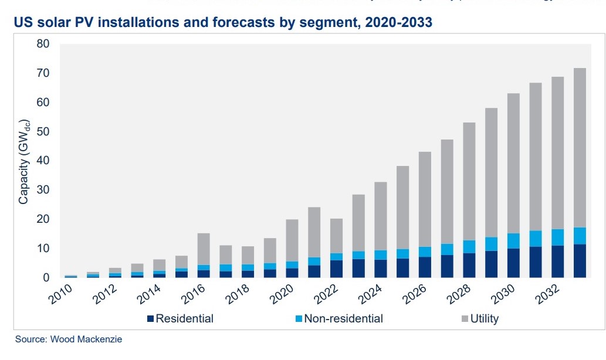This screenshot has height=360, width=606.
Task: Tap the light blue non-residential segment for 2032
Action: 558,237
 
